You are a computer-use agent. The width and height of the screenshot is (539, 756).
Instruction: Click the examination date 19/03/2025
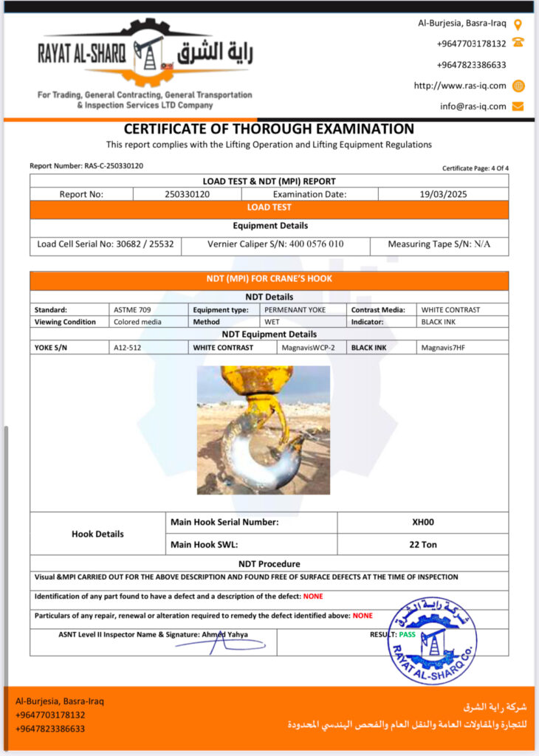coord(443,194)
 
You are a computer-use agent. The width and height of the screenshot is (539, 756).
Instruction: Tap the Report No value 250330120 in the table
coord(188,194)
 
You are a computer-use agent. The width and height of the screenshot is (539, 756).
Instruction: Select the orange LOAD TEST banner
coord(269,208)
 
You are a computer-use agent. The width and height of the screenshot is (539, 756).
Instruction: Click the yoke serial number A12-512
coord(127,346)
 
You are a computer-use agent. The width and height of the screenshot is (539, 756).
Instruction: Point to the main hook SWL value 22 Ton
coord(423,545)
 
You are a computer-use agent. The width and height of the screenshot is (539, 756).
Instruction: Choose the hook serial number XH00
coord(423,522)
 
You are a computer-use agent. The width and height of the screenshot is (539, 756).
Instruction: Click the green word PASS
coord(407,634)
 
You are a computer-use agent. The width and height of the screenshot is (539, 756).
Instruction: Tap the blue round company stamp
coord(432,641)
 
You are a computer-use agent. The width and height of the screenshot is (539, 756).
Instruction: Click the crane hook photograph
coord(264,430)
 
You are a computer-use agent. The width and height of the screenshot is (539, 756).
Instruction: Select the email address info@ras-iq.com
coord(473,106)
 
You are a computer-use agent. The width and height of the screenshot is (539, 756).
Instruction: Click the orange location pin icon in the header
coord(518,24)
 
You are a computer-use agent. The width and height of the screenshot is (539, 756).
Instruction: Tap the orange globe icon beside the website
coord(518,86)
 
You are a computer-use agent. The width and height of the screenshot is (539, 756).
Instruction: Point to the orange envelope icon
coord(518,106)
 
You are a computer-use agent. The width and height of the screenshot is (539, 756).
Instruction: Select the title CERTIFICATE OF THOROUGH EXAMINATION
coord(269,129)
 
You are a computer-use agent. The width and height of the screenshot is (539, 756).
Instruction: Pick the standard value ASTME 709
coord(131,310)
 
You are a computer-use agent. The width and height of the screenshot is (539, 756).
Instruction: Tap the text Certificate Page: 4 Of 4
coord(475,168)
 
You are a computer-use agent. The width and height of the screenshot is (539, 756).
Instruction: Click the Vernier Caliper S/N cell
coord(275,244)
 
